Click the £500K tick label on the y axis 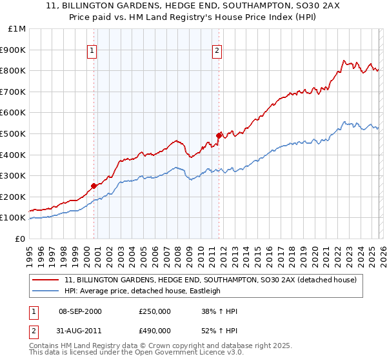click(13, 133)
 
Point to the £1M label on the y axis click(17, 28)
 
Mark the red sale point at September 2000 click(94, 186)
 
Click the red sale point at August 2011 click(219, 135)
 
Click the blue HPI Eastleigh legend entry click(142, 291)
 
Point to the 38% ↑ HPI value click(219, 311)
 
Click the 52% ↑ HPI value click(219, 330)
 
